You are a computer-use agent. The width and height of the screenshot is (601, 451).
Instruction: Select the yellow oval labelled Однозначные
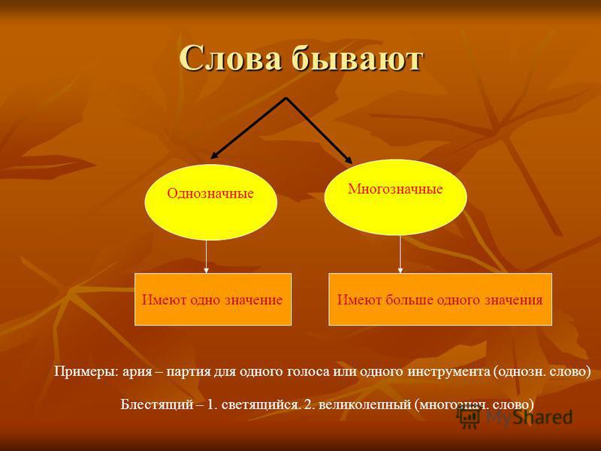(x=211, y=201)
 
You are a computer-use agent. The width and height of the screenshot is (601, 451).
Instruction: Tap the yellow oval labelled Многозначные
(x=396, y=197)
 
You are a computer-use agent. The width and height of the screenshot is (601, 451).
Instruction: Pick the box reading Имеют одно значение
(x=213, y=299)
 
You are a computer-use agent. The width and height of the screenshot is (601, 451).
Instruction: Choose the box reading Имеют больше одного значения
(x=440, y=299)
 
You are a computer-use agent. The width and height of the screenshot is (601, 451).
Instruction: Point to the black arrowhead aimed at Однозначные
(x=215, y=155)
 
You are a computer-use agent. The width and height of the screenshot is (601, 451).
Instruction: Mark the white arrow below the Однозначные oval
(x=206, y=256)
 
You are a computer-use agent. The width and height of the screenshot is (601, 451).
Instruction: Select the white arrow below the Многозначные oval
(x=400, y=254)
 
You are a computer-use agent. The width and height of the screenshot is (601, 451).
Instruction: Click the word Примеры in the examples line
(x=86, y=371)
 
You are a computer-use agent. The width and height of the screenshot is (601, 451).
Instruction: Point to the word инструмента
(x=448, y=372)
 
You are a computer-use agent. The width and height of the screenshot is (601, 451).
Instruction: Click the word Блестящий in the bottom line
(x=157, y=404)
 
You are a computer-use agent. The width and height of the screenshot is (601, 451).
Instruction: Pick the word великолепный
(x=364, y=405)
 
